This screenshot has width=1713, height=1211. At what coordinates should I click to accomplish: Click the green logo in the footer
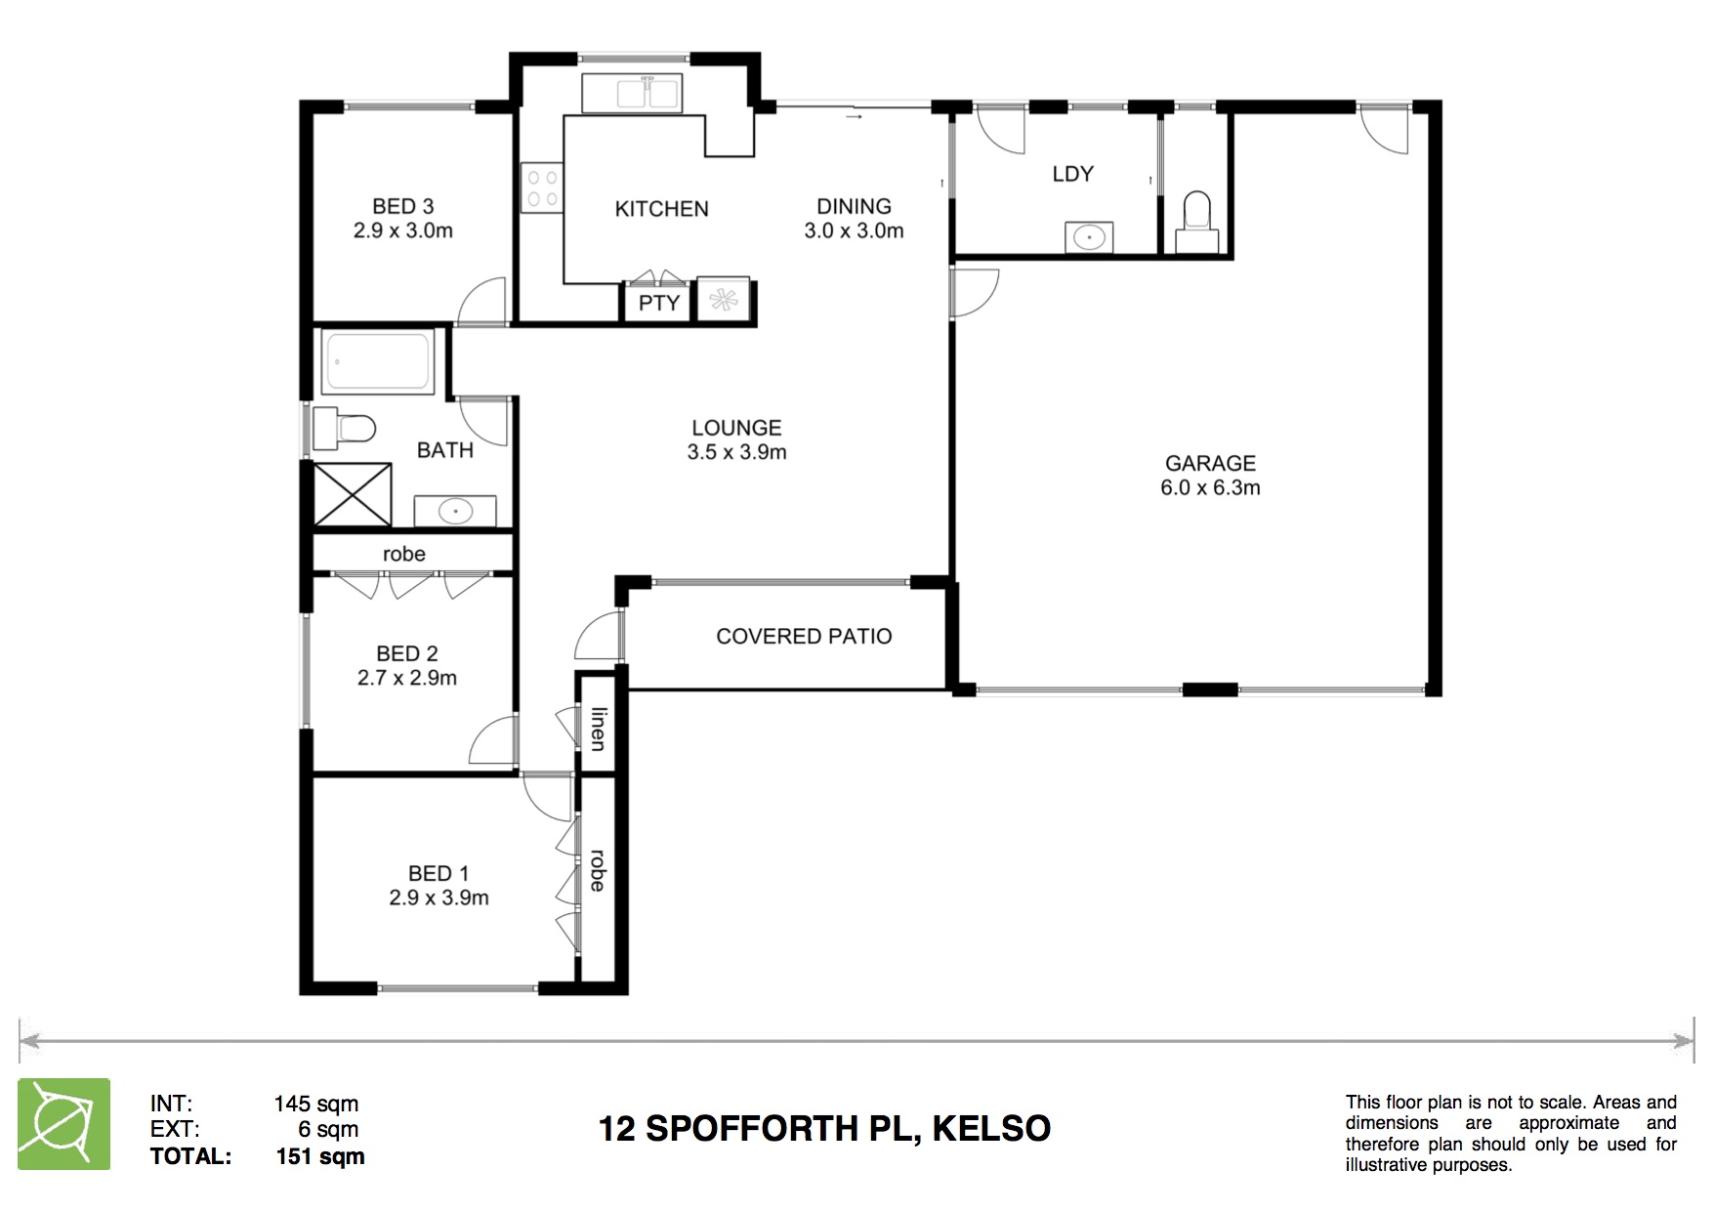point(63,1124)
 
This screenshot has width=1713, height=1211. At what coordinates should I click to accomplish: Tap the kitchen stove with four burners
point(542,188)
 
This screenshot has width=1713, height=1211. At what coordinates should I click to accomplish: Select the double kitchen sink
point(632,94)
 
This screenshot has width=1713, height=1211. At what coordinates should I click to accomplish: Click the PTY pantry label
point(658,303)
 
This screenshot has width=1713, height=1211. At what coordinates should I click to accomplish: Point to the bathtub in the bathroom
point(378,361)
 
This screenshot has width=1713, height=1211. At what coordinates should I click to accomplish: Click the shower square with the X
point(353,494)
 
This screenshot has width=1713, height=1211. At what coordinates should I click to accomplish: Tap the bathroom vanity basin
point(455,511)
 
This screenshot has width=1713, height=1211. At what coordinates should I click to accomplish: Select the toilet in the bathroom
point(345,428)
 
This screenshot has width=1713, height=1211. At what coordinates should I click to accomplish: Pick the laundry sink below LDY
point(1088,237)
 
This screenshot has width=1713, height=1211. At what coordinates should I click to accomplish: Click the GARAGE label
point(1210,463)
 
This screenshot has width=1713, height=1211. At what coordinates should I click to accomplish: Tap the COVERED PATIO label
point(804,637)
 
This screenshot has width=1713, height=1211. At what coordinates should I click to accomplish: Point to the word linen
point(598,729)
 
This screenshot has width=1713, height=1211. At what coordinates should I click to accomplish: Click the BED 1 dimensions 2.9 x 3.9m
point(439,898)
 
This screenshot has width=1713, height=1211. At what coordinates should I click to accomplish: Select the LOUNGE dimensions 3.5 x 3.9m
point(736,452)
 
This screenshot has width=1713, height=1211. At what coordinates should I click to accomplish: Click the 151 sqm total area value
point(320,1156)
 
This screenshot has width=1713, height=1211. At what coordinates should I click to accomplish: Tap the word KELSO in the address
point(991,1129)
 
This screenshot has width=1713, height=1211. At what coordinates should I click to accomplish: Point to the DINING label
point(854,206)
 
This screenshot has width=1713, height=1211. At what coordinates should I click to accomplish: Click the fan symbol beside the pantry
point(724,301)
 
